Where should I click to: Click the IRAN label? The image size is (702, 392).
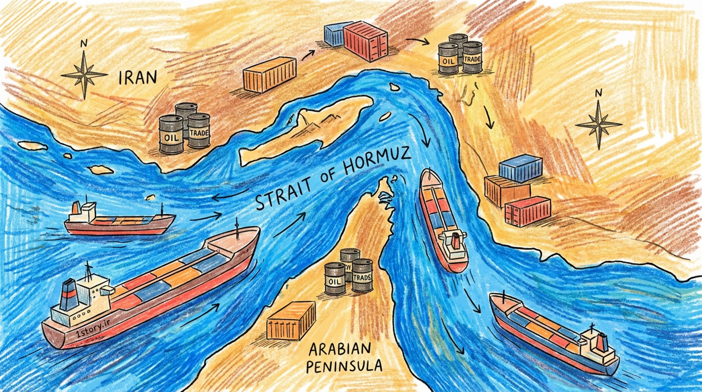(138, 78)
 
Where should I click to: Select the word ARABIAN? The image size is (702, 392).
(340, 349)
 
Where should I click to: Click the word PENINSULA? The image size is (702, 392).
(344, 366)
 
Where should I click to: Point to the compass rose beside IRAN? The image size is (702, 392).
(84, 75)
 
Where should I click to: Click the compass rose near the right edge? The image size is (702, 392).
(599, 124)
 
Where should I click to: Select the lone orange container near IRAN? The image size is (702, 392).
(269, 74)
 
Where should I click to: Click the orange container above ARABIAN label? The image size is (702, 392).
(291, 321)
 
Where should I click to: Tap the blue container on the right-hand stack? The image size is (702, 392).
(521, 168)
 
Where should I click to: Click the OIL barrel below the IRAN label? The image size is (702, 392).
(171, 134)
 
